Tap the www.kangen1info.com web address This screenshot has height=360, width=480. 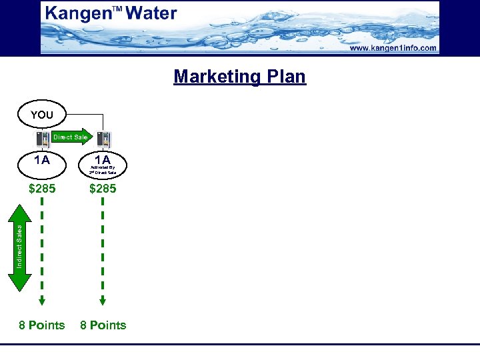click(393, 48)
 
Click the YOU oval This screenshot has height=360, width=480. click(41, 115)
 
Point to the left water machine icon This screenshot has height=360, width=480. click(42, 139)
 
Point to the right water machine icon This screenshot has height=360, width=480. click(103, 140)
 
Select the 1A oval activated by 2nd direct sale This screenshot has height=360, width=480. click(103, 164)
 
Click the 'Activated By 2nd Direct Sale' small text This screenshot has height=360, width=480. click(103, 170)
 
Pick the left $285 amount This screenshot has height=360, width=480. click(42, 189)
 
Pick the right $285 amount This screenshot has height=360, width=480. click(103, 189)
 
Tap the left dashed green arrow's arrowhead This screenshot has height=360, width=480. click(42, 300)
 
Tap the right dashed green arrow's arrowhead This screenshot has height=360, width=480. click(103, 300)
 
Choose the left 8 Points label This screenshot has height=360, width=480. click(42, 325)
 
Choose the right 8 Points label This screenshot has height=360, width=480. click(103, 325)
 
